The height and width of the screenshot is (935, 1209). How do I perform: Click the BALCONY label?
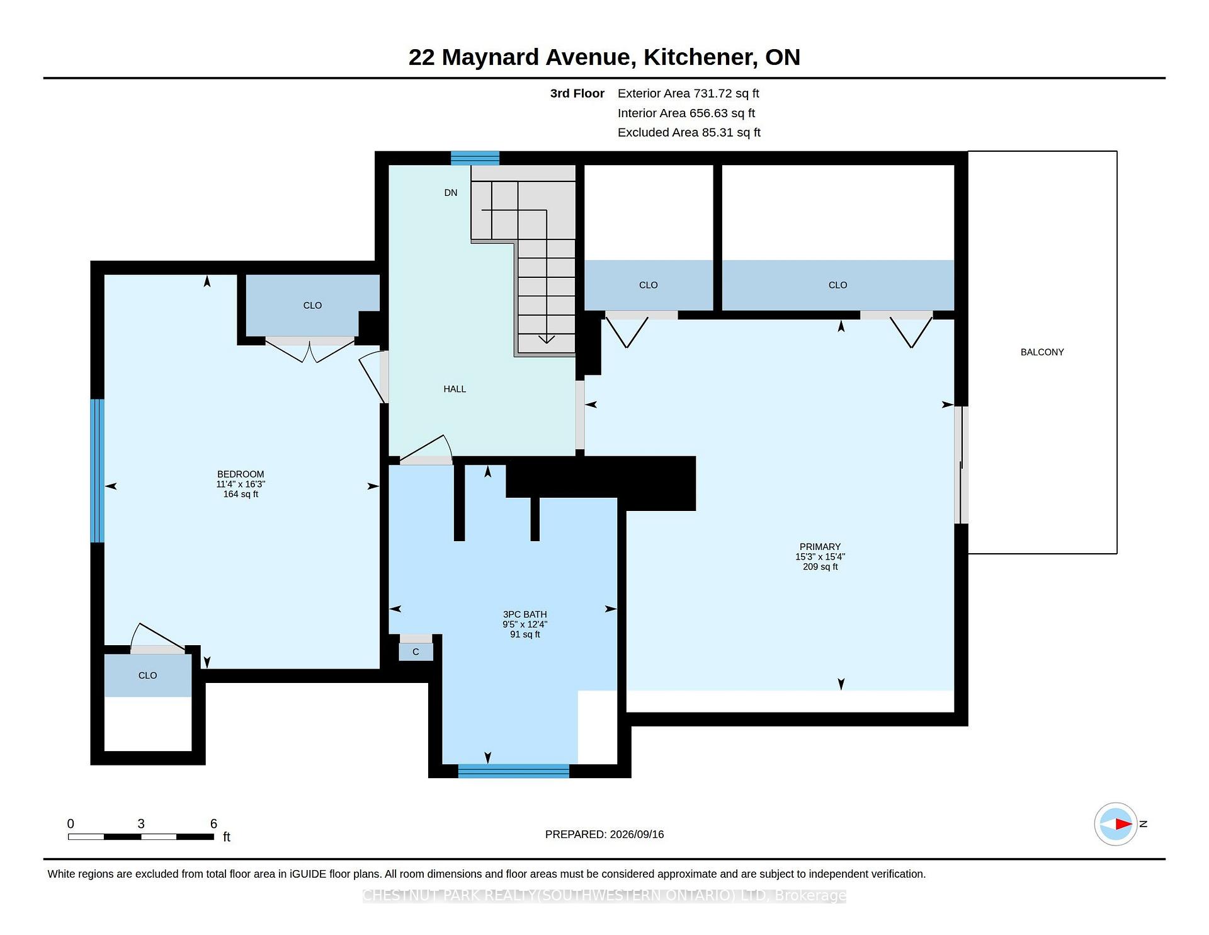pos(1042,352)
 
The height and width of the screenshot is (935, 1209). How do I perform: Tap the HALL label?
pos(455,389)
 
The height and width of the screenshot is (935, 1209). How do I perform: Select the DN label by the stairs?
pos(451,193)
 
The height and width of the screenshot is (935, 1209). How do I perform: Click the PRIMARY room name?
pos(820,547)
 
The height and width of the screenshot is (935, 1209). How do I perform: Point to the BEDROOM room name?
pos(241,474)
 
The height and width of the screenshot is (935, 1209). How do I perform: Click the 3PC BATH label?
pos(525,614)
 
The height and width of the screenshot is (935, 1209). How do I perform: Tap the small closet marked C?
pos(416,652)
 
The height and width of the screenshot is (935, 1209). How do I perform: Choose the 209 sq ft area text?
pos(820,566)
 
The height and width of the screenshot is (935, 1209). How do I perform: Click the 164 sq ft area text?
pos(241,494)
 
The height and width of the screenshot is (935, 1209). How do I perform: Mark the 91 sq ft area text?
pos(525,634)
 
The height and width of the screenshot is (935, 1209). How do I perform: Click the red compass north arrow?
pos(1124,823)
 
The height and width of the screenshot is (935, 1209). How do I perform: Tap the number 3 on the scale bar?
pos(141,823)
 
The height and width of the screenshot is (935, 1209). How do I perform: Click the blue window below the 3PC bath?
pos(514,771)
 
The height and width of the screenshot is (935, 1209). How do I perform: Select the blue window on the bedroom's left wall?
pos(97,471)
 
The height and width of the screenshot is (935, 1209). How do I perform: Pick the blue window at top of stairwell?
pos(475,158)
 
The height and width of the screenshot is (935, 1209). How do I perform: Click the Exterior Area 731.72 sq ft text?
pos(688,94)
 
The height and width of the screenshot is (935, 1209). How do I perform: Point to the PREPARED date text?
pos(604,834)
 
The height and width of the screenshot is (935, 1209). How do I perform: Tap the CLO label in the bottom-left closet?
pos(147,675)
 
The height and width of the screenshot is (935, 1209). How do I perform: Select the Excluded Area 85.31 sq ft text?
pos(689,133)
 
